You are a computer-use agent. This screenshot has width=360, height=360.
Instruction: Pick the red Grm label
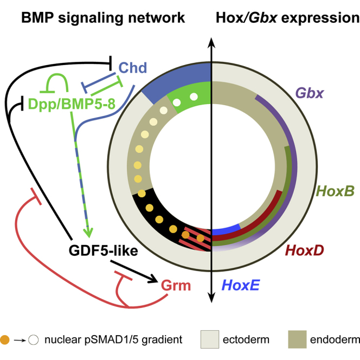click(x=175, y=283)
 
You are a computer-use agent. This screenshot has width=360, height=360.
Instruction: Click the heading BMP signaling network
click(x=103, y=18)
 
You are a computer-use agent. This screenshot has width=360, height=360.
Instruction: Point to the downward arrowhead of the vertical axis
click(x=211, y=296)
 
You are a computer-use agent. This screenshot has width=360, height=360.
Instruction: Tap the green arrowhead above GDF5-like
click(x=90, y=234)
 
